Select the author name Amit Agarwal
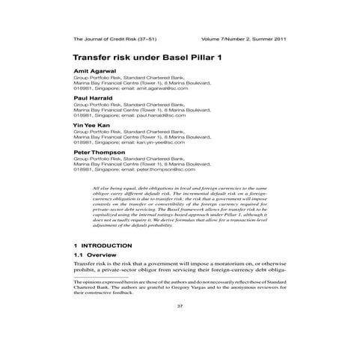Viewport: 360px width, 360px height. pyautogui.click(x=94, y=70)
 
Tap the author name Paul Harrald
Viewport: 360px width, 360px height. pyautogui.click(x=93, y=97)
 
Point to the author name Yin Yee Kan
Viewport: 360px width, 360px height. pyautogui.click(x=91, y=124)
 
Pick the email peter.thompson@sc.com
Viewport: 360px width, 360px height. pyautogui.click(x=156, y=169)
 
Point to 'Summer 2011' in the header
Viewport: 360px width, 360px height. pyautogui.click(x=267, y=38)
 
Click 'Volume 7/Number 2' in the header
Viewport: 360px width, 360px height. pyautogui.click(x=225, y=38)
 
